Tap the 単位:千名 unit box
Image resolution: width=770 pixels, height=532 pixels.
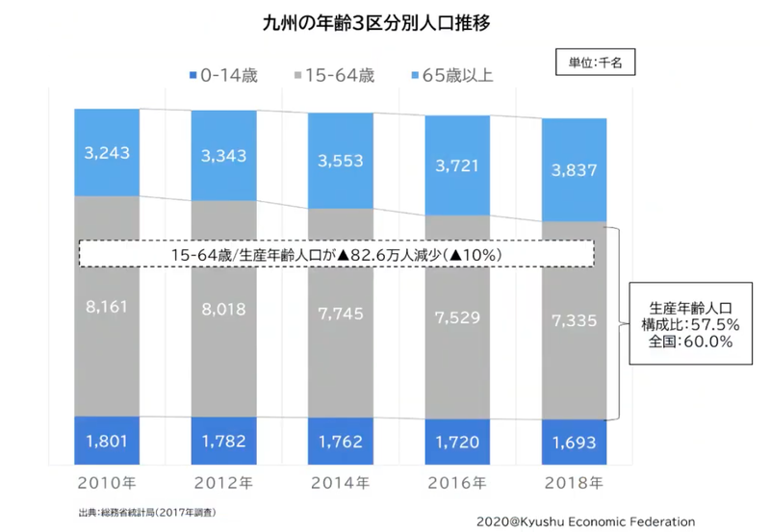coord(595,63)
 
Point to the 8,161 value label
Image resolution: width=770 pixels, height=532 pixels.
coord(107,307)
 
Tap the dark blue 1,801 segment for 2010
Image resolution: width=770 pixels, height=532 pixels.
coord(107,442)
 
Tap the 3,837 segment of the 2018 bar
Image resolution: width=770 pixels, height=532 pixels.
coord(574,170)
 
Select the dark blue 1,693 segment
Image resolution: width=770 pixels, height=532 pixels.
coord(574,444)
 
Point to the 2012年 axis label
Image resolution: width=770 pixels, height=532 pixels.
coord(223,480)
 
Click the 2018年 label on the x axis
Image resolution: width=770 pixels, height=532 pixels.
coord(574,480)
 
